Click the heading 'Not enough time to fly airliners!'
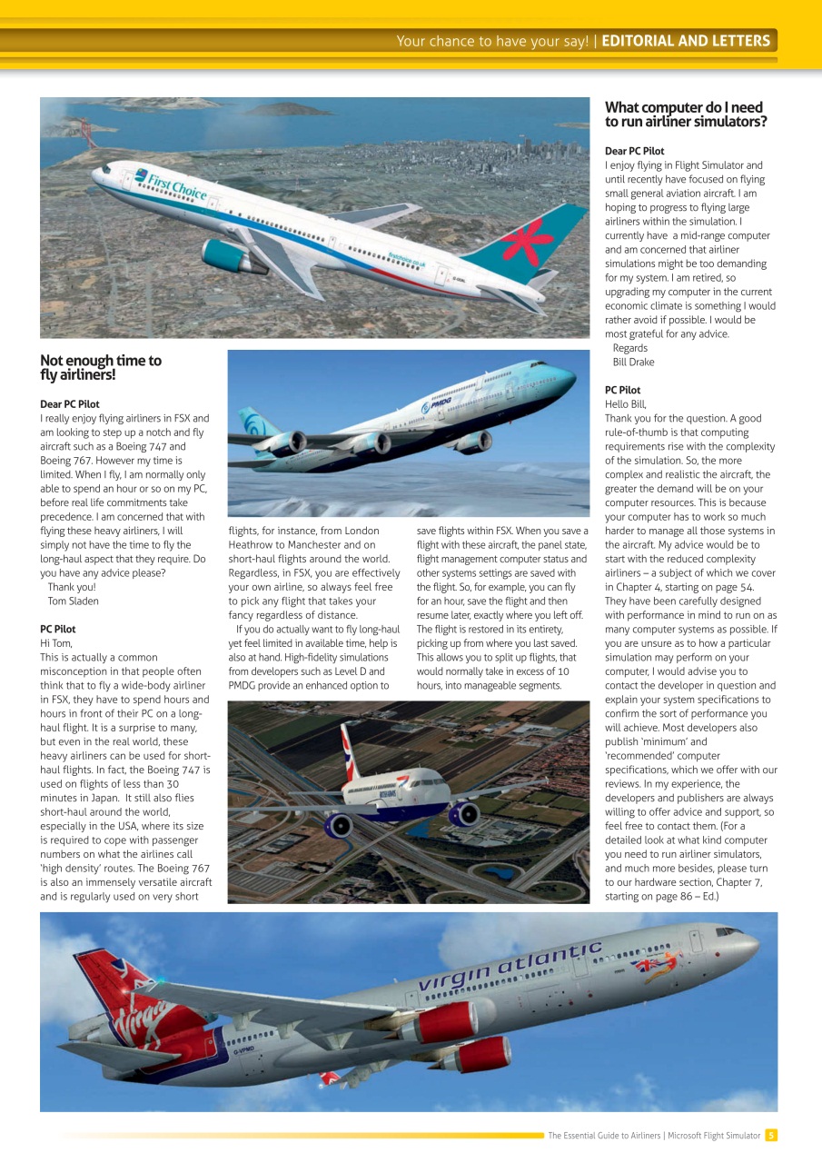click(x=101, y=367)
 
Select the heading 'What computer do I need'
click(x=684, y=108)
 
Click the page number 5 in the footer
click(x=770, y=1135)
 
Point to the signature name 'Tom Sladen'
click(x=73, y=601)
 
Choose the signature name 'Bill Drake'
click(x=633, y=363)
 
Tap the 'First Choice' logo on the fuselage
click(x=173, y=184)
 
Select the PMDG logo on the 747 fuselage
click(x=437, y=403)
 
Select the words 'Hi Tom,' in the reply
click(x=56, y=643)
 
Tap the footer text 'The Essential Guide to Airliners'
click(x=604, y=1136)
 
